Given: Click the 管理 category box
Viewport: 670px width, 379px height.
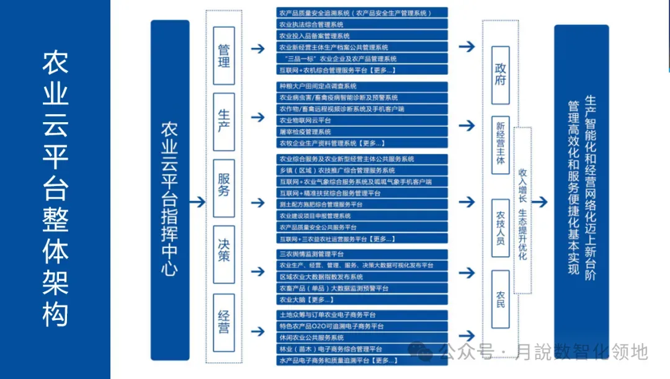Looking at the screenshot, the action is pyautogui.click(x=224, y=55).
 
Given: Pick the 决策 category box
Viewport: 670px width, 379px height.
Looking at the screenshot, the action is pyautogui.click(x=224, y=248).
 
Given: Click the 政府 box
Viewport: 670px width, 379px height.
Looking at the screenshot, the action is pyautogui.click(x=500, y=74).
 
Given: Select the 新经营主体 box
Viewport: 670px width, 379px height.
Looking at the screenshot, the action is pyautogui.click(x=500, y=143).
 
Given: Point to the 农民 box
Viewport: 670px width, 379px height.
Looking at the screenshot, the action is pyautogui.click(x=500, y=298).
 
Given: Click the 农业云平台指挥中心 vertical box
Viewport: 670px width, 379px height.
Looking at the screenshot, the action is pyautogui.click(x=170, y=190).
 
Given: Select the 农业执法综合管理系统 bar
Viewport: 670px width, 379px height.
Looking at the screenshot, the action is pyautogui.click(x=362, y=24).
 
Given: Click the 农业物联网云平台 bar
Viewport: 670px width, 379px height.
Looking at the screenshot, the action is pyautogui.click(x=362, y=120).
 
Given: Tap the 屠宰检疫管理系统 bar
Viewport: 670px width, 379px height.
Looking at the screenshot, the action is pyautogui.click(x=362, y=132).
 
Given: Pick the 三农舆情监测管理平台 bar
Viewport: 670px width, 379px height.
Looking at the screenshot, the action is pyautogui.click(x=362, y=254).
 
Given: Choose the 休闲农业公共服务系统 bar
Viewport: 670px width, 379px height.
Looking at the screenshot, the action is pyautogui.click(x=362, y=337).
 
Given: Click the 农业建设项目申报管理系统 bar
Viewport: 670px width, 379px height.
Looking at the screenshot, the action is pyautogui.click(x=362, y=216).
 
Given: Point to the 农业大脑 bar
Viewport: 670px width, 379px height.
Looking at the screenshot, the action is pyautogui.click(x=362, y=300).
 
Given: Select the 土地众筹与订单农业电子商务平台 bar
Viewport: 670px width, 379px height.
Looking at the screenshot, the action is pyautogui.click(x=362, y=315).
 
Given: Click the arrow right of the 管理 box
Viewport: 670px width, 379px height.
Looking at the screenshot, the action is pyautogui.click(x=257, y=48).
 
